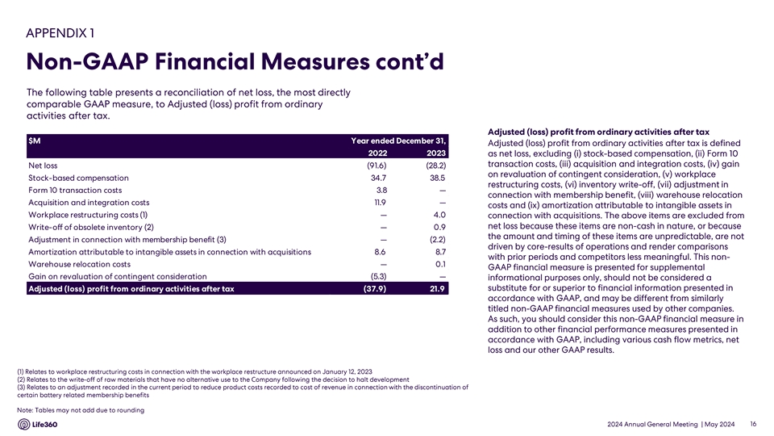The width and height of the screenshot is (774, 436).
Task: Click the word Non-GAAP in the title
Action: pyautogui.click(x=96, y=62)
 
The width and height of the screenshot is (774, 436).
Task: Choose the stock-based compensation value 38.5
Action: pyautogui.click(x=439, y=178)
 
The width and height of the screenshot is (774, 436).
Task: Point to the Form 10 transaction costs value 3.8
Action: pyautogui.click(x=382, y=190)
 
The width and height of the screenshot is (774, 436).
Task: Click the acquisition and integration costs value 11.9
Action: pyautogui.click(x=382, y=202)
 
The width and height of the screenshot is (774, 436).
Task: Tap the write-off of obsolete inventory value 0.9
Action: pyautogui.click(x=439, y=227)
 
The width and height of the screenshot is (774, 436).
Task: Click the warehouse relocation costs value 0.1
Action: pyautogui.click(x=440, y=264)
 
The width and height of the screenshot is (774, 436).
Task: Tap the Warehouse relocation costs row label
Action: pyautogui.click(x=79, y=264)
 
